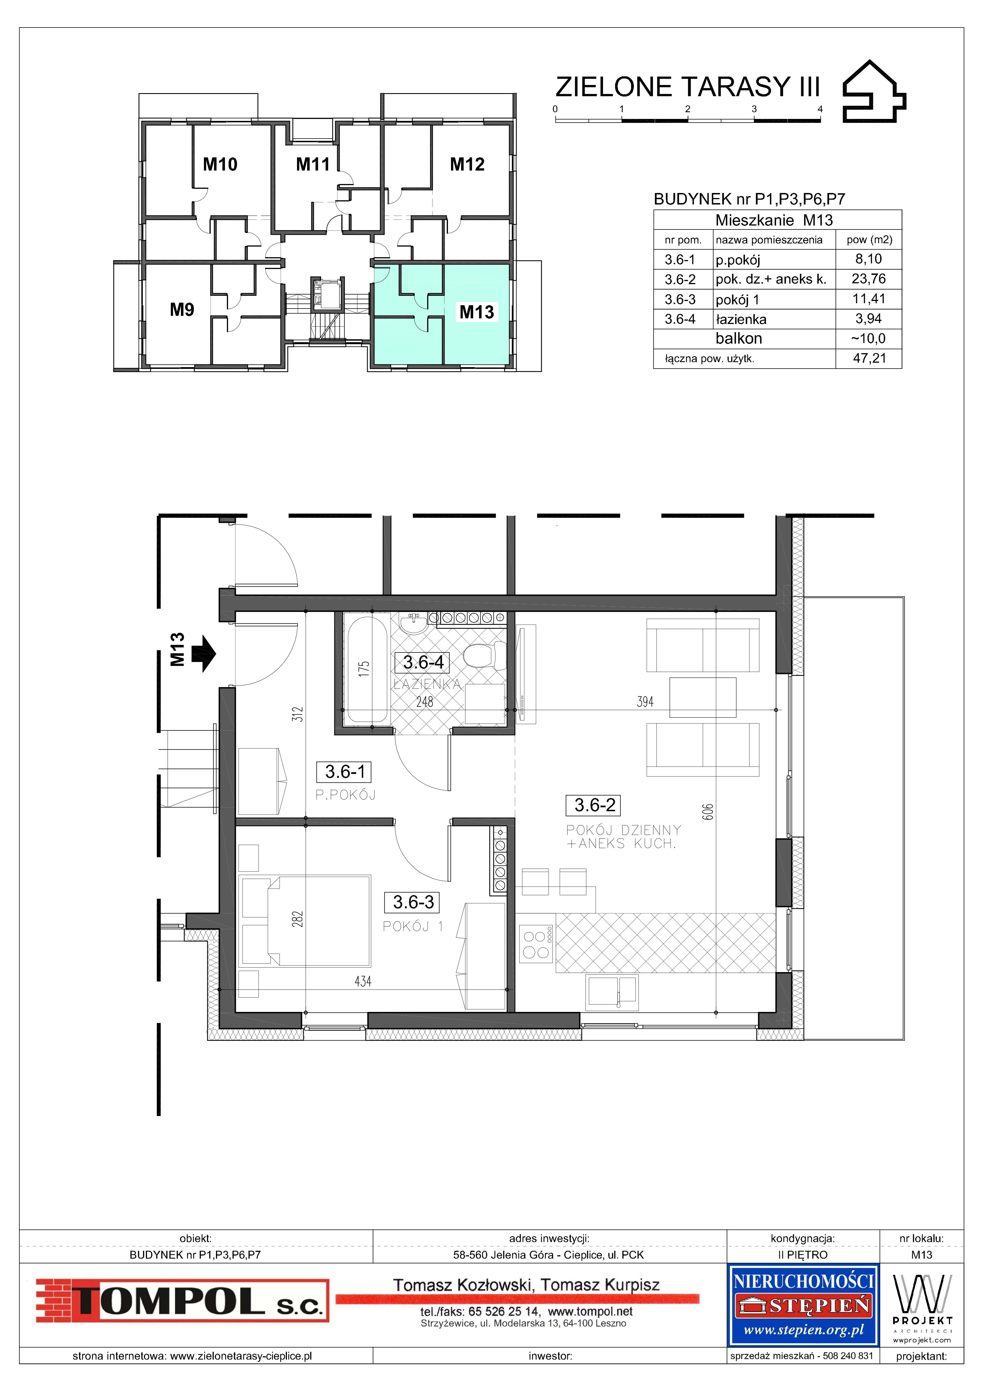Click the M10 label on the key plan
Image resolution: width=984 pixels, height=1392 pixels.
pos(220,164)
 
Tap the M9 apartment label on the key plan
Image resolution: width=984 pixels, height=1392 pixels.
pos(182,310)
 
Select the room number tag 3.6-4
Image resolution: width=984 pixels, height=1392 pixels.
pos(423,662)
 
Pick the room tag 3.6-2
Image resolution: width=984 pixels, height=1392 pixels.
pos(595,805)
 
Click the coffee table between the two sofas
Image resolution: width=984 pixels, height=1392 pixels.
pos(703,697)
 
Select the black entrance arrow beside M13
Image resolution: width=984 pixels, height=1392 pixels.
pos(204,654)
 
